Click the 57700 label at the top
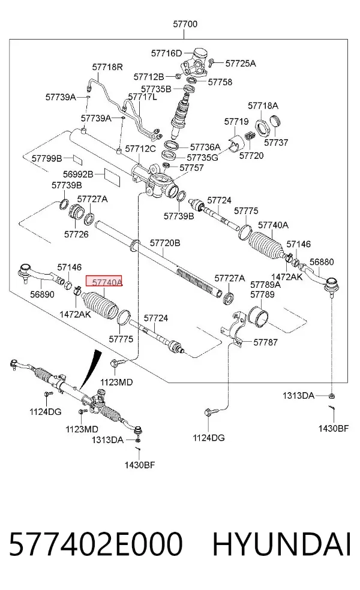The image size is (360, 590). (x=185, y=24)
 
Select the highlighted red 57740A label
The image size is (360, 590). (x=104, y=281)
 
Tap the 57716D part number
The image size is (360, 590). (x=166, y=53)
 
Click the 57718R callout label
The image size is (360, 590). (x=107, y=67)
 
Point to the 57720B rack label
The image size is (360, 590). (x=165, y=243)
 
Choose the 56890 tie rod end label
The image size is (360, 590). (x=42, y=294)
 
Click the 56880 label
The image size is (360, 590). (x=322, y=262)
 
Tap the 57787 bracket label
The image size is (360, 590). (x=265, y=342)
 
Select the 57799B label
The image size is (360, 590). (x=47, y=158)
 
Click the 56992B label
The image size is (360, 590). (x=78, y=174)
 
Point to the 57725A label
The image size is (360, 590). (x=241, y=63)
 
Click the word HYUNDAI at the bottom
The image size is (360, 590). (x=281, y=544)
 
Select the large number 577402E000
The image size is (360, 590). (x=96, y=544)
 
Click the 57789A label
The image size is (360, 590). (x=265, y=284)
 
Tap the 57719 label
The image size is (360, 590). (x=236, y=122)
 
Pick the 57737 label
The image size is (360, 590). (x=276, y=142)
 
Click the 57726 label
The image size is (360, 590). (x=76, y=234)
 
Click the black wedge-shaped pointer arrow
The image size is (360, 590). (x=91, y=369)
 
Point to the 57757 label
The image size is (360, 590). (x=191, y=167)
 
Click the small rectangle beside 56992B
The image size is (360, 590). (x=112, y=177)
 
